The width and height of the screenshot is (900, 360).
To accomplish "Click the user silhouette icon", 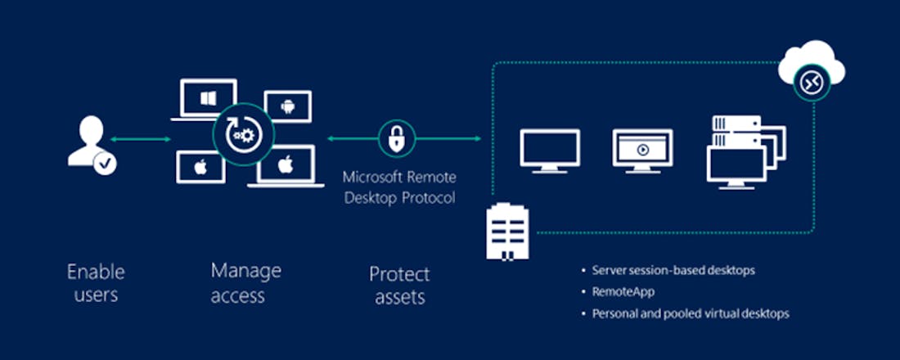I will pyautogui.click(x=86, y=141).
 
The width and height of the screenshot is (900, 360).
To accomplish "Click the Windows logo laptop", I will pyautogui.click(x=207, y=99).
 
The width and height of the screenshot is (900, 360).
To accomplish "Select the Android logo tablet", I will pyautogui.click(x=287, y=106).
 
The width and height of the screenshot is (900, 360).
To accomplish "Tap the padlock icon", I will pyautogui.click(x=397, y=139).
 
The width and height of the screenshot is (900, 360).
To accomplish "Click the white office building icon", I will pyautogui.click(x=507, y=232).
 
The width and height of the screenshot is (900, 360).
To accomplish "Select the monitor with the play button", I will pyautogui.click(x=642, y=151).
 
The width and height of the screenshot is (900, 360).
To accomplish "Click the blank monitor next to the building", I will pyautogui.click(x=550, y=151).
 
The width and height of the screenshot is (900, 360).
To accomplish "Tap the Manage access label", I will pyautogui.click(x=245, y=282).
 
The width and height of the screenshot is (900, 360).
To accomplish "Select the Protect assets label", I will pyautogui.click(x=399, y=285).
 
